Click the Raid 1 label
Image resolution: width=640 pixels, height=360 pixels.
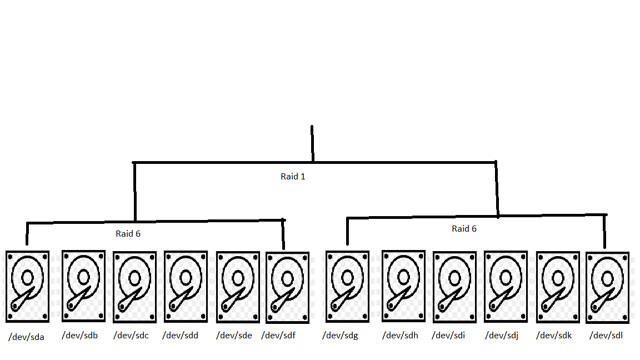[293, 177]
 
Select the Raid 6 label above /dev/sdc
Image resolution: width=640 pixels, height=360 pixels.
[128, 233]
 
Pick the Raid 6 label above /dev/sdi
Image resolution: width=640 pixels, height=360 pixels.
[464, 228]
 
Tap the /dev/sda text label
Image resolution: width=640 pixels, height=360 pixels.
[26, 337]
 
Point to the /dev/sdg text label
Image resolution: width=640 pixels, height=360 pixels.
[341, 336]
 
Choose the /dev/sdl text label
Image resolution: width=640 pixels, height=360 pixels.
[606, 335]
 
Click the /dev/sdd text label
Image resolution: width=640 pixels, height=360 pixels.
[181, 336]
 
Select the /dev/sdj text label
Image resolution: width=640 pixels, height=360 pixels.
[502, 336]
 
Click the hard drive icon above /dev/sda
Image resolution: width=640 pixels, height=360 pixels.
[27, 286]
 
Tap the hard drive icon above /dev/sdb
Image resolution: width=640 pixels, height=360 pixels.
[83, 286]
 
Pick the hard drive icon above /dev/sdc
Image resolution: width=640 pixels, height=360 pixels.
[134, 287]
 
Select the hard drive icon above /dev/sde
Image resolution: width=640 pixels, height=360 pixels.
[238, 287]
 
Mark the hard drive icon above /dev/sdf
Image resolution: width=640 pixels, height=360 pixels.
[287, 287]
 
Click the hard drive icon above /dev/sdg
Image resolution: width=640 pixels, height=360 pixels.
[347, 286]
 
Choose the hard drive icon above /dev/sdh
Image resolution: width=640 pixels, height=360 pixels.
[404, 286]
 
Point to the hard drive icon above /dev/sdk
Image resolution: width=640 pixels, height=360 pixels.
[557, 287]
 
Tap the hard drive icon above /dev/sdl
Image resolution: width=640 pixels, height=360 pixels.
[607, 287]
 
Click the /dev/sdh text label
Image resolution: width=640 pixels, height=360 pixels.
[399, 336]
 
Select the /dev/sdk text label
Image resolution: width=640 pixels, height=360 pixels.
[554, 336]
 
